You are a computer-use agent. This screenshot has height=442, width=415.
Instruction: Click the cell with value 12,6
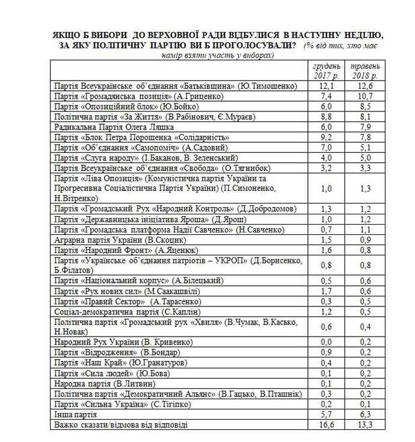365,87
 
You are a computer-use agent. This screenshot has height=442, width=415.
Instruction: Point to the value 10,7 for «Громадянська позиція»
365,96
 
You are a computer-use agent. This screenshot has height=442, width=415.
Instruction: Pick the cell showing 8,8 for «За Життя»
326,116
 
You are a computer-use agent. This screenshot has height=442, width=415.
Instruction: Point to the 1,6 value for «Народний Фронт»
326,249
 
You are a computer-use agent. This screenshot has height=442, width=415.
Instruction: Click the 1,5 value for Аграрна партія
326,239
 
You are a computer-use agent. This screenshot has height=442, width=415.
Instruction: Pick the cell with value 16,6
326,425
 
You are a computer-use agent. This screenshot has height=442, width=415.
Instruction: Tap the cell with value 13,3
365,425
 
